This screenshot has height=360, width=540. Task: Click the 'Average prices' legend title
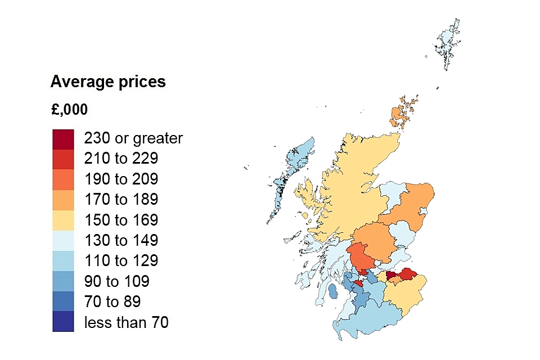click(108, 82)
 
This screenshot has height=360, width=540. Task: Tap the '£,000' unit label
click(69, 109)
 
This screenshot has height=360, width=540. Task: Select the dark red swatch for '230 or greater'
click(63, 138)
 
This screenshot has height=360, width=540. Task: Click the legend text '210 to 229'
click(121, 159)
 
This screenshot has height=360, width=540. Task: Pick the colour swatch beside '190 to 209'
click(63, 179)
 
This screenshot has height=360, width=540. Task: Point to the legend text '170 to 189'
click(121, 200)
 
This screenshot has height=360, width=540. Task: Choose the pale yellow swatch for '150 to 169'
click(63, 220)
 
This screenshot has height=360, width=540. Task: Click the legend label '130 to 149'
click(121, 241)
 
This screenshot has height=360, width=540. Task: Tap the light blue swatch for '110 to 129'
click(63, 261)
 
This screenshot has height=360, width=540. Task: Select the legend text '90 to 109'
click(116, 281)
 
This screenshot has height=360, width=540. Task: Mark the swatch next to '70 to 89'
click(63, 302)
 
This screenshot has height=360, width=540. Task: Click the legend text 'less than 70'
click(126, 322)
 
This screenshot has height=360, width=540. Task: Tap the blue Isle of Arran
click(332, 292)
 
